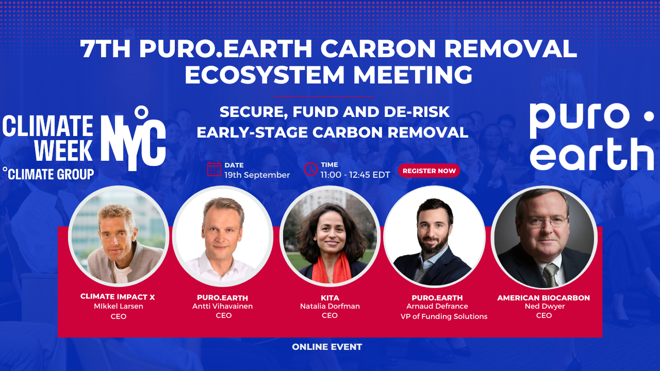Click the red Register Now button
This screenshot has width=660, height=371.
click(429, 171)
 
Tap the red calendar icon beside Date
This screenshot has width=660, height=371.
click(214, 169)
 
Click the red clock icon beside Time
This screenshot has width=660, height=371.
click(310, 169)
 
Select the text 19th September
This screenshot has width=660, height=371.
click(257, 175)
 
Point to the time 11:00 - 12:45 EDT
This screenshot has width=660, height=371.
click(355, 175)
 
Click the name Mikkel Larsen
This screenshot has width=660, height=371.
click(119, 306)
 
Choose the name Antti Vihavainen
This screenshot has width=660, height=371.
click(222, 306)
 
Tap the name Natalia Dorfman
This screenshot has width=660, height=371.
click(329, 306)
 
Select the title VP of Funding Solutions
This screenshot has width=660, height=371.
click(444, 316)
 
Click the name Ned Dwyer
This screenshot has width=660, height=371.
click(544, 306)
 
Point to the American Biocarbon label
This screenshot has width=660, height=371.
click(543, 298)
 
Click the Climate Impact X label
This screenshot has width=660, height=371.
click(118, 297)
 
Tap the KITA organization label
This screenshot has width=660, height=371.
click(329, 298)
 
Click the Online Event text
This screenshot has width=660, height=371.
click(327, 347)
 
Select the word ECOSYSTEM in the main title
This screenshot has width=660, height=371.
click(265, 75)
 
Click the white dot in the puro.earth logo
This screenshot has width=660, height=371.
click(649, 116)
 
